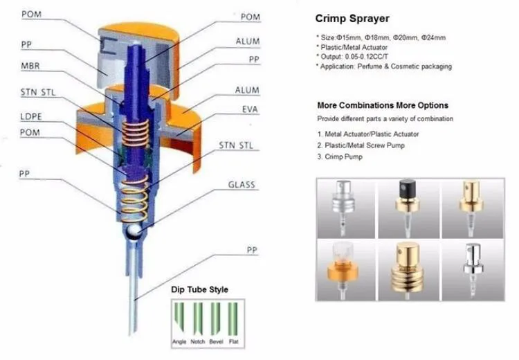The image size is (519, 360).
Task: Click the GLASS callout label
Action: click(x=242, y=185)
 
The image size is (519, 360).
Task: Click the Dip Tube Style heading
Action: click(x=200, y=289)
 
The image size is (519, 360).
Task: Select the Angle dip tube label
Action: click(x=181, y=343)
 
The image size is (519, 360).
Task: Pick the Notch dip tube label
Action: click(x=198, y=343)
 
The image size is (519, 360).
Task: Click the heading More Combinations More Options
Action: click(x=382, y=105)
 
